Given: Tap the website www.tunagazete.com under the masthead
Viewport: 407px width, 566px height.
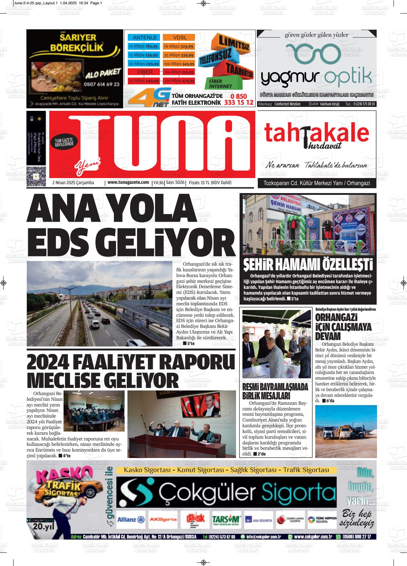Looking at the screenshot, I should coord(128,182).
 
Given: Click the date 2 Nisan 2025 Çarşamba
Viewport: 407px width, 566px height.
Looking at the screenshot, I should coord(73,183).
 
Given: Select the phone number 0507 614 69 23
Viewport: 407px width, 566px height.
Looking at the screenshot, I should coord(102,84).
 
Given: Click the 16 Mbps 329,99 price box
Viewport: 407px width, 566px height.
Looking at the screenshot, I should coord(179,46).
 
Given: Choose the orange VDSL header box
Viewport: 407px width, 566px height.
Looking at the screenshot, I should coord(180,38).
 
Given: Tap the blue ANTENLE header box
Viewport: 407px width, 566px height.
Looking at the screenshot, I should coord(145,38).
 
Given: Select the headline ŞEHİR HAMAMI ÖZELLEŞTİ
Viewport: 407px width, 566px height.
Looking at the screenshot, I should coord(308,265).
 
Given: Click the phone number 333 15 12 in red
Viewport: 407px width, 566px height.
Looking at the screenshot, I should coord(239,103).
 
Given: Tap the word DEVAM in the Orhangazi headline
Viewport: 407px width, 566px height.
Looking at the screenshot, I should coord(328,336).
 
